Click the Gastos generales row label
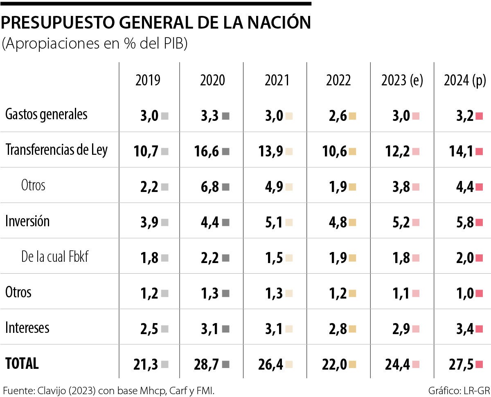pos(46,114)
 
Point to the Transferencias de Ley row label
pos(56,150)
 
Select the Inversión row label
pos(27,221)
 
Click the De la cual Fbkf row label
pos(55,257)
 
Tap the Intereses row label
pos(27,328)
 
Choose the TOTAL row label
pos(22,363)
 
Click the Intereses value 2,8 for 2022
pos(337,328)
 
